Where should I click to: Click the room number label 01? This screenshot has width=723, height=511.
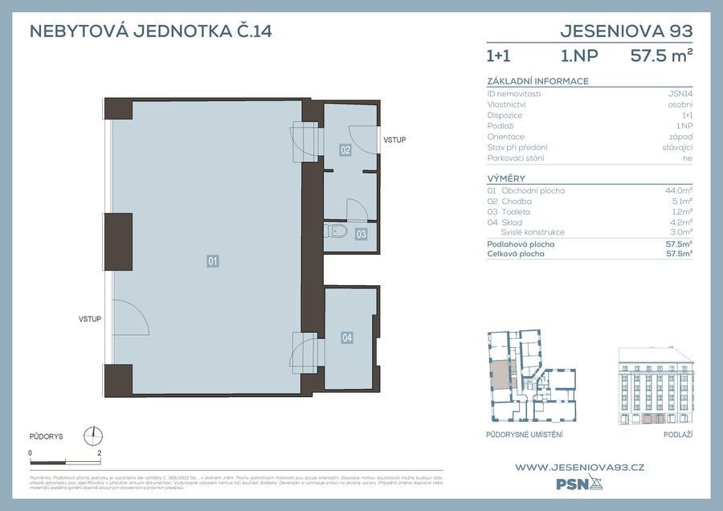213,260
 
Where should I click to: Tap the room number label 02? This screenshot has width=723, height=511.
345,149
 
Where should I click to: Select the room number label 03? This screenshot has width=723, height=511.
361,235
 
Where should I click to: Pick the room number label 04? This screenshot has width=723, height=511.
347,337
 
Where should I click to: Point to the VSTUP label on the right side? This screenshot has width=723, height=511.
394,141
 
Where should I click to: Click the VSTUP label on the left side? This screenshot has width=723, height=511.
89,319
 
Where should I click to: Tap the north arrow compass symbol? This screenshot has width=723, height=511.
94,435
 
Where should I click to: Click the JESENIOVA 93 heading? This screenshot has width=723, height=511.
626,32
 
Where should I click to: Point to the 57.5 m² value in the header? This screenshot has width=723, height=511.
661,56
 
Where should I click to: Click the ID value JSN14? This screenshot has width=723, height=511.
680,94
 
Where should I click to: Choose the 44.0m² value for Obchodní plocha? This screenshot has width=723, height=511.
680,191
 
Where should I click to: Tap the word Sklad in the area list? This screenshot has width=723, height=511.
511,223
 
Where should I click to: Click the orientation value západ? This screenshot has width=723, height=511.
680,137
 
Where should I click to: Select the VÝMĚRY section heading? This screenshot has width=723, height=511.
506,178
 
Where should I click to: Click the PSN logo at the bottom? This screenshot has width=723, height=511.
578,484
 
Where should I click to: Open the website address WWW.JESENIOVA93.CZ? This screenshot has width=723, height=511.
579,467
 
